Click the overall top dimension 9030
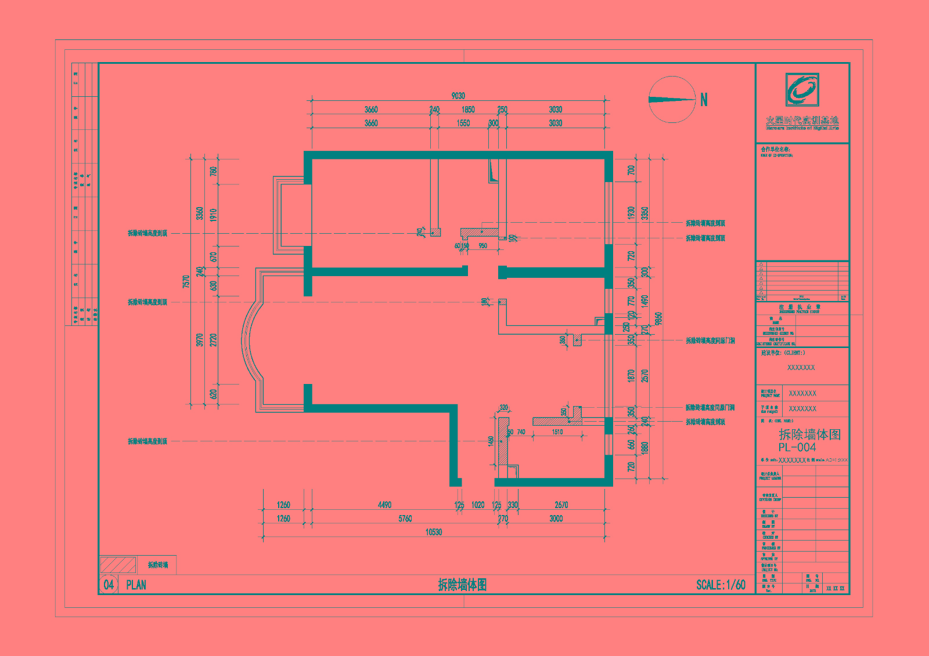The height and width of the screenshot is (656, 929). tap(458, 96)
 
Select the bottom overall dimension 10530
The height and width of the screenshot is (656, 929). tap(434, 532)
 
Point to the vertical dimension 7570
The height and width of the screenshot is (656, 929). tap(186, 282)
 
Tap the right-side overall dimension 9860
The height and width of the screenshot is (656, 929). tap(658, 319)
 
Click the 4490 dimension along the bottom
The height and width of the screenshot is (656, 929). tap(384, 505)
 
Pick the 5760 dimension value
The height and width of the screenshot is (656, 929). tap(405, 519)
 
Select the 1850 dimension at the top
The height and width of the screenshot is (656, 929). tap(468, 110)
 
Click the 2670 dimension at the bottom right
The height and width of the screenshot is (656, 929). tap(561, 505)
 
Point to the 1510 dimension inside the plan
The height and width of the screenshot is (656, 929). tap(557, 432)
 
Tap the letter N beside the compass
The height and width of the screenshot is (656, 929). tap(704, 100)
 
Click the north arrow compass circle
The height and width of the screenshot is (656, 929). tap(672, 100)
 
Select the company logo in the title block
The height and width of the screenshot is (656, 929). tap(802, 89)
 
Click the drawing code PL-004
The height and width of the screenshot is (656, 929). tap(797, 448)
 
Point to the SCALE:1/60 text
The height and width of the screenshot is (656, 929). tap(721, 585)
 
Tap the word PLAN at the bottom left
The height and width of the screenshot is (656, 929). tap(136, 585)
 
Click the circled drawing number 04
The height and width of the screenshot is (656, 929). tap(109, 585)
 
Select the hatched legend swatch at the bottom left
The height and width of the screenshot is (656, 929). tap(118, 565)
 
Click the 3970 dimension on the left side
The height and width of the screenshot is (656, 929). tap(200, 340)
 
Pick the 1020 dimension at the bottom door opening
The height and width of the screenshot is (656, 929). tap(478, 505)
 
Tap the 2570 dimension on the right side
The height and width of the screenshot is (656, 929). tap(644, 376)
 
